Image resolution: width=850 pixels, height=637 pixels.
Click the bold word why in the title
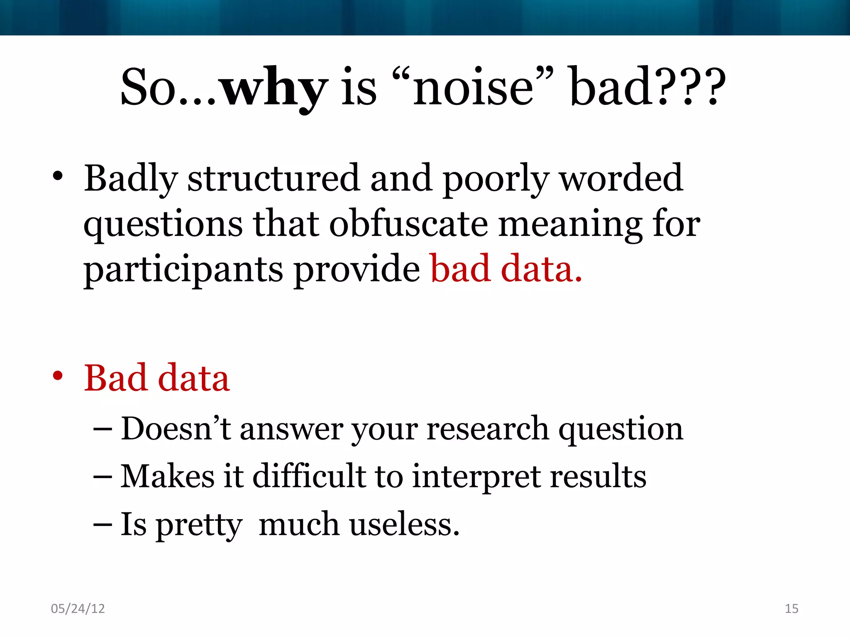[274, 88]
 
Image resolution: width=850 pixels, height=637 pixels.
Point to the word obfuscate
[409, 224]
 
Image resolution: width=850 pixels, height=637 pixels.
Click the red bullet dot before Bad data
[58, 376]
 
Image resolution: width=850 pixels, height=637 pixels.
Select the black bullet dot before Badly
[58, 176]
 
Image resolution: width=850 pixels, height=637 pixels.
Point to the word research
[488, 429]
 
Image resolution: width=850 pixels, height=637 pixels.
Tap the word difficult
[309, 476]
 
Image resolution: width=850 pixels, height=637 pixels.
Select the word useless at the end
[405, 524]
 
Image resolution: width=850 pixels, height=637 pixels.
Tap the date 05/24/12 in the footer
[78, 608]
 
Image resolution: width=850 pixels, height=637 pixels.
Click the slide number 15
[791, 608]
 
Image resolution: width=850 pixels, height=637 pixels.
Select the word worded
[621, 178]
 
